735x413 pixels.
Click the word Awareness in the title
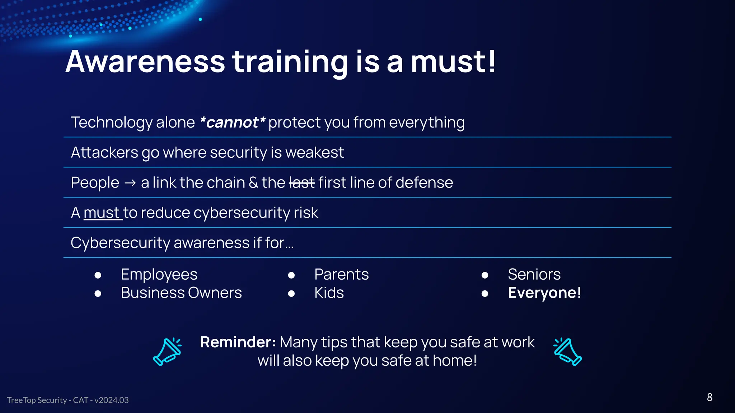coord(145,62)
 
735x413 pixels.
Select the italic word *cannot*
coord(232,123)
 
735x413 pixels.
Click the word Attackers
coord(104,153)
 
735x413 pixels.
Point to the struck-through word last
coord(301,183)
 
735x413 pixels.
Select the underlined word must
coord(102,213)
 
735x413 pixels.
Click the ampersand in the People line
coord(253,183)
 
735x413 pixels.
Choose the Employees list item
coord(159,275)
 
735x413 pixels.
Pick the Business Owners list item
coord(181,293)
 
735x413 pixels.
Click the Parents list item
coord(341,275)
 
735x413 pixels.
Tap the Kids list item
coord(329,293)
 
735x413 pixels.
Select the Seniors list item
coord(534,275)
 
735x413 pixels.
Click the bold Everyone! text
coord(544,293)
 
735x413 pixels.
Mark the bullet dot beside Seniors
coord(484,275)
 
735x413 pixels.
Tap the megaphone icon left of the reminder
coord(167,351)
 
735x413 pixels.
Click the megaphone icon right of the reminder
coord(567,351)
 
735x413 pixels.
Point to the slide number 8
coord(709,397)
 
